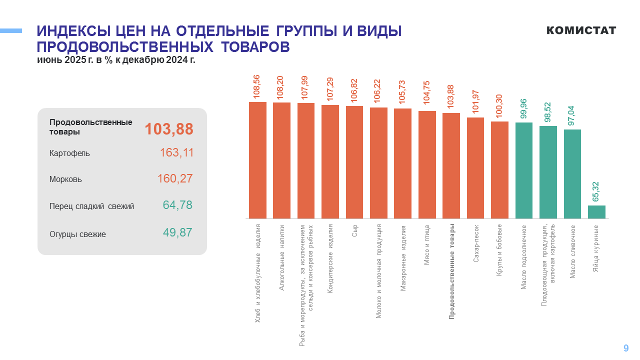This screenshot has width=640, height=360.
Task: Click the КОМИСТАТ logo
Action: tap(581, 30)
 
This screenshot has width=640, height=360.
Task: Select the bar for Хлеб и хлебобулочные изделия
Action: tap(257, 160)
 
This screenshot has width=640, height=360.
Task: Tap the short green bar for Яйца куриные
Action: tap(596, 212)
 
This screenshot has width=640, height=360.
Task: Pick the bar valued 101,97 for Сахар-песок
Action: tap(475, 168)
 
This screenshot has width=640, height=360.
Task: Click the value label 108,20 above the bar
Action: tap(281, 87)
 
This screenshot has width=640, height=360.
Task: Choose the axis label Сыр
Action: tap(354, 230)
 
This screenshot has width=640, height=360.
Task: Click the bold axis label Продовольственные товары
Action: tap(451, 271)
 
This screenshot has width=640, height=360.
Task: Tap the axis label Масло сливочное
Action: tap(572, 252)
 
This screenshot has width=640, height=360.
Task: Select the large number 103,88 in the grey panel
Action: tap(169, 129)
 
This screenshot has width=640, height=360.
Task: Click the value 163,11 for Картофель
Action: tap(176, 153)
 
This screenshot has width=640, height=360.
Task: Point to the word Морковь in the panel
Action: tap(65, 179)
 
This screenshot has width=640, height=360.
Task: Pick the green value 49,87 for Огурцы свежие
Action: tap(177, 232)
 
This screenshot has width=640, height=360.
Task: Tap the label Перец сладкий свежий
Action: tap(91, 206)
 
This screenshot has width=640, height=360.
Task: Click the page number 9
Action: tap(626, 348)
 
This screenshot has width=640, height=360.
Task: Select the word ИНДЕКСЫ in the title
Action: tap(73, 31)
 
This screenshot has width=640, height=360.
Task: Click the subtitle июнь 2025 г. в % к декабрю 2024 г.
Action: tap(116, 60)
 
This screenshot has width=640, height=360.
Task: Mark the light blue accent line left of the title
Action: tap(11, 31)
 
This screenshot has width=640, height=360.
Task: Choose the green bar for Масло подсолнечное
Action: tap(524, 170)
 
